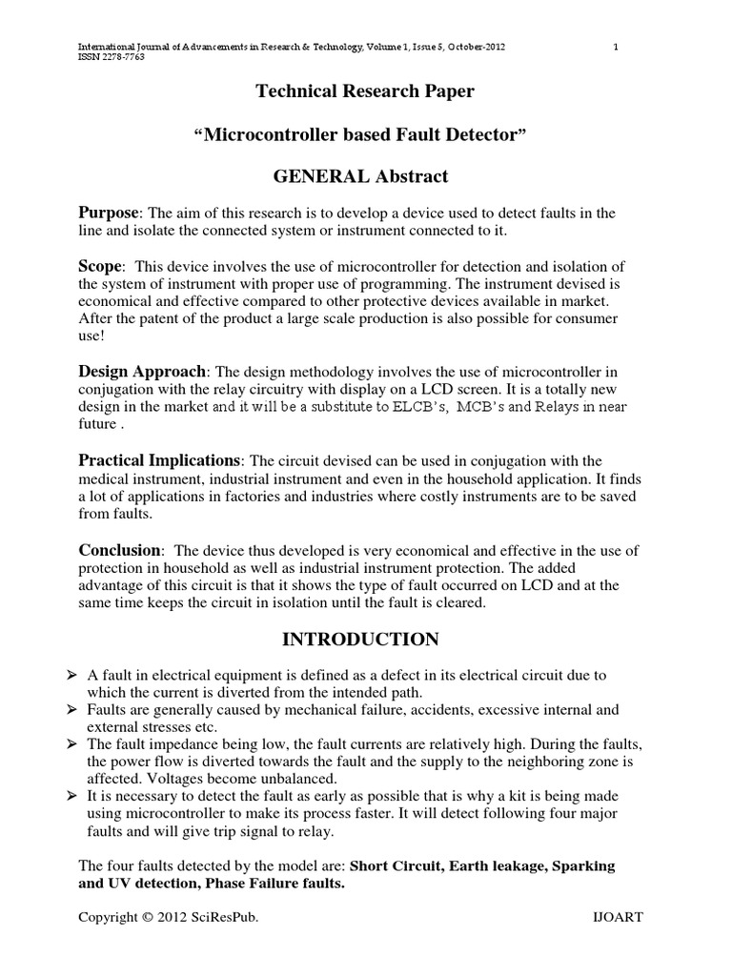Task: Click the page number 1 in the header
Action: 617,48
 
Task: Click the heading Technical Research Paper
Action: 365,91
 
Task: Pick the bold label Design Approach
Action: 141,371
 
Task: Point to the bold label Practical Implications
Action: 158,460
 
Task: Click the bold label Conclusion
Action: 119,550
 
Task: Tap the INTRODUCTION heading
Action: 365,639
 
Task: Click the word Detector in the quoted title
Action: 482,134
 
